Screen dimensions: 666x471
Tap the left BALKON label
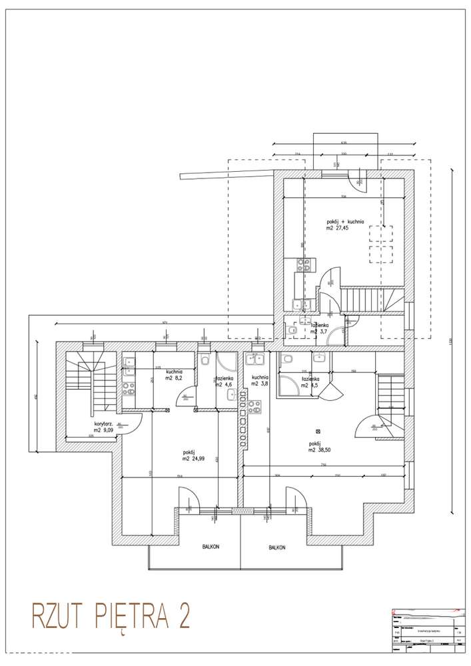(211, 547)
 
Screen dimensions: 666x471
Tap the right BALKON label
(277, 547)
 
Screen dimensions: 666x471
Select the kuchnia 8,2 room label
(175, 375)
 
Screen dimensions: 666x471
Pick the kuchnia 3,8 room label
(259, 380)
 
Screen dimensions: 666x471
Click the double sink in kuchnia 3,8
(254, 360)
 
